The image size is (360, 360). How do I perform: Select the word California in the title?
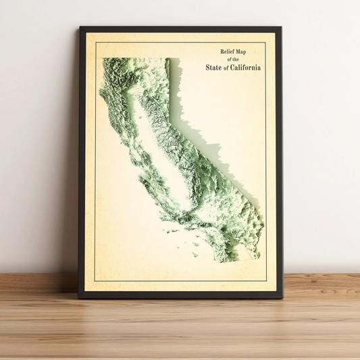coord(246,67)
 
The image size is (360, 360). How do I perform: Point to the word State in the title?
coord(215,67)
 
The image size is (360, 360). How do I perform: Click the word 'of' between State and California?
coord(228,68)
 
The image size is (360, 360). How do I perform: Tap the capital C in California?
coord(234,67)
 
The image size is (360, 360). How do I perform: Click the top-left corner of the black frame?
coord(80,28)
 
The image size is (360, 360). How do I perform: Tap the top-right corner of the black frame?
coord(280,28)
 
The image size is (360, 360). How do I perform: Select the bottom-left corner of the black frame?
coord(79,297)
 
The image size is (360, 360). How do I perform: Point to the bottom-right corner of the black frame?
coord(282,297)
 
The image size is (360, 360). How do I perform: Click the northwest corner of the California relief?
coord(103,59)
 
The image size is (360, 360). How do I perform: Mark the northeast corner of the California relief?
coord(168,59)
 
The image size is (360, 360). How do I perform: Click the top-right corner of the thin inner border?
coord(266,43)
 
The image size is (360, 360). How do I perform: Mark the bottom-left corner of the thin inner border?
coord(95,282)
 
